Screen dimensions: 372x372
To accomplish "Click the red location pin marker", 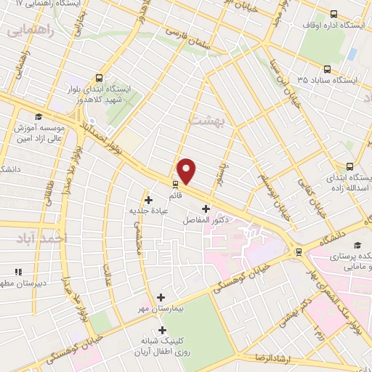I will click(187, 171).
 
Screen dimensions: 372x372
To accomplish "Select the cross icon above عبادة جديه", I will click(148, 199).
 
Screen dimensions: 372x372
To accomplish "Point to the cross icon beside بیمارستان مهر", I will click(161, 297).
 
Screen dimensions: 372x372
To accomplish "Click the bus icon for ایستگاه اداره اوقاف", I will click(333, 14).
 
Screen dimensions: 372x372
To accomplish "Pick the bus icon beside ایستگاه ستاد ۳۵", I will click(327, 70).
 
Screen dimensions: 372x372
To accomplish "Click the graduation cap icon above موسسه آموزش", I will click(37, 116).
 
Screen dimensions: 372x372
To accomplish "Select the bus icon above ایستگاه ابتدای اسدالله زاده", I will click(349, 166).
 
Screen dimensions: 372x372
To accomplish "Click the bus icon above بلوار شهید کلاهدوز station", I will click(100, 78).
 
